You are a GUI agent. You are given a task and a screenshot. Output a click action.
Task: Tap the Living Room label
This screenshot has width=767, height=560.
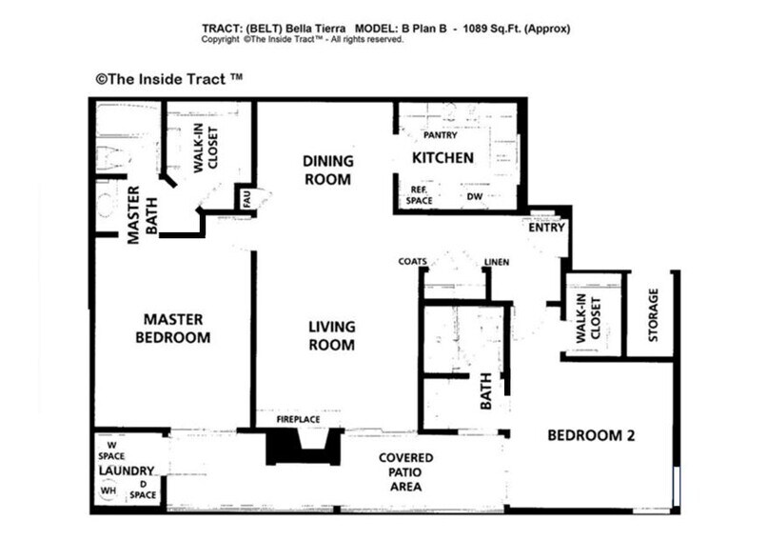click(x=331, y=336)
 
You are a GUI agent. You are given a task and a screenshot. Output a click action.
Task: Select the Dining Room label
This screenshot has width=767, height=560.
click(x=327, y=170)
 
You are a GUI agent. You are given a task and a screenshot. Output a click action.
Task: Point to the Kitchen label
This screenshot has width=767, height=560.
click(x=442, y=157)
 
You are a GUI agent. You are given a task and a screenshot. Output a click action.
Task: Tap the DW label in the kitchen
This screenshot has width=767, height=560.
click(x=474, y=197)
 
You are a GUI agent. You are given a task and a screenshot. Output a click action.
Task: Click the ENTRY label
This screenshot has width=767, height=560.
click(x=546, y=229)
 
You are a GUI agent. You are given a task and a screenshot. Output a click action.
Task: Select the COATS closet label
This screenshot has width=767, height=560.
click(x=412, y=262)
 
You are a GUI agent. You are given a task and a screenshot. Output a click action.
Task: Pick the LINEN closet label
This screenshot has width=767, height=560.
click(x=496, y=262)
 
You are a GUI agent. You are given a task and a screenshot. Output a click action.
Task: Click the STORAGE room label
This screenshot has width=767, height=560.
click(x=653, y=315)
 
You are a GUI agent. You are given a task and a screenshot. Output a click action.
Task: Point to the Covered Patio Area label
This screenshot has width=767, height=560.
click(x=406, y=472)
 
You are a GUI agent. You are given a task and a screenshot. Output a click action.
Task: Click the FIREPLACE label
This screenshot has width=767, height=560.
click(x=297, y=420)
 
